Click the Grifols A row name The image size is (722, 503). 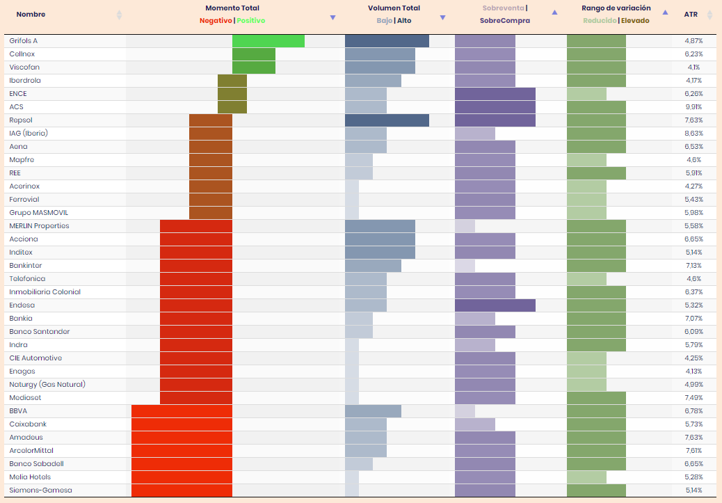click(x=24, y=41)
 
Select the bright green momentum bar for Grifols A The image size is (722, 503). click(x=268, y=41)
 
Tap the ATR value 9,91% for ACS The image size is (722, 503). click(x=693, y=107)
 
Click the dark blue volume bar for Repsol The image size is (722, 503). click(x=387, y=120)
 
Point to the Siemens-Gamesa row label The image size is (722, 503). click(x=40, y=490)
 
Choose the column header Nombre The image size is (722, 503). click(x=31, y=14)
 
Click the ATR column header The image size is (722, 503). click(x=691, y=14)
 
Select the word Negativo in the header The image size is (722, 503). click(x=216, y=21)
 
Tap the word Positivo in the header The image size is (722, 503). click(x=251, y=21)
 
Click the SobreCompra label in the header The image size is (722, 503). click(x=504, y=21)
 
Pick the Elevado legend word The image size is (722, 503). click(x=635, y=21)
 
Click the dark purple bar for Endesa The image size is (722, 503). click(x=495, y=305)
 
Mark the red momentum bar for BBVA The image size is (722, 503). click(x=182, y=411)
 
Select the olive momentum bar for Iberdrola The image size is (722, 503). click(x=232, y=81)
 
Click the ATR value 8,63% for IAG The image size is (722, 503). click(x=693, y=134)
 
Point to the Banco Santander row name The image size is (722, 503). click(x=40, y=332)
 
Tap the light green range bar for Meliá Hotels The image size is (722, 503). click(x=586, y=477)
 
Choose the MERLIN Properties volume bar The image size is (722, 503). click(x=380, y=226)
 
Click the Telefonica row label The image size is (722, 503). click(x=28, y=279)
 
